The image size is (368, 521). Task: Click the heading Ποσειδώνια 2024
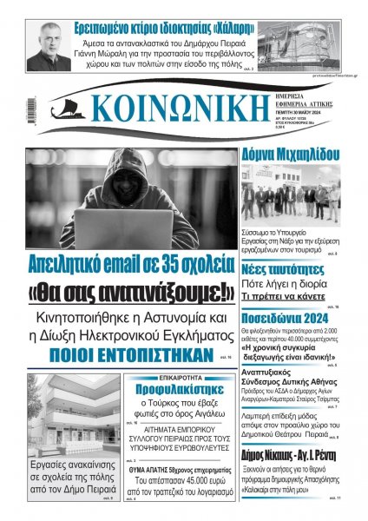284,319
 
